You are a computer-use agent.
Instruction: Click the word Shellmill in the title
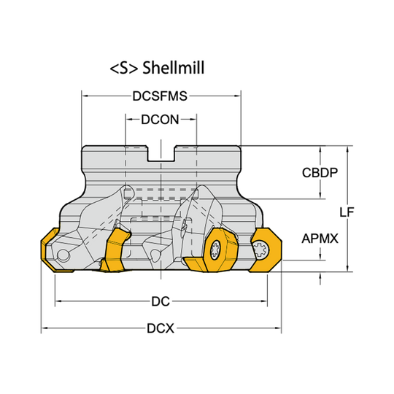coord(174,68)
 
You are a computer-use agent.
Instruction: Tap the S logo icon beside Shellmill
coord(123,68)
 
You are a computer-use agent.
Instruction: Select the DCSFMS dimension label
coord(161,96)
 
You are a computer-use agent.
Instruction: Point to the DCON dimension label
coord(161,118)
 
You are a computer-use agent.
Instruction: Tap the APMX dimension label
coord(320,239)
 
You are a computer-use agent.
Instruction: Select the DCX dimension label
coord(161,328)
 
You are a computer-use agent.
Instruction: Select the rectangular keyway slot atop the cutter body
coord(161,153)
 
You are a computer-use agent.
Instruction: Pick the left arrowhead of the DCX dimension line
coord(43,328)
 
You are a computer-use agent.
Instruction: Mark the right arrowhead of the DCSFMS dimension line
coord(238,96)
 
